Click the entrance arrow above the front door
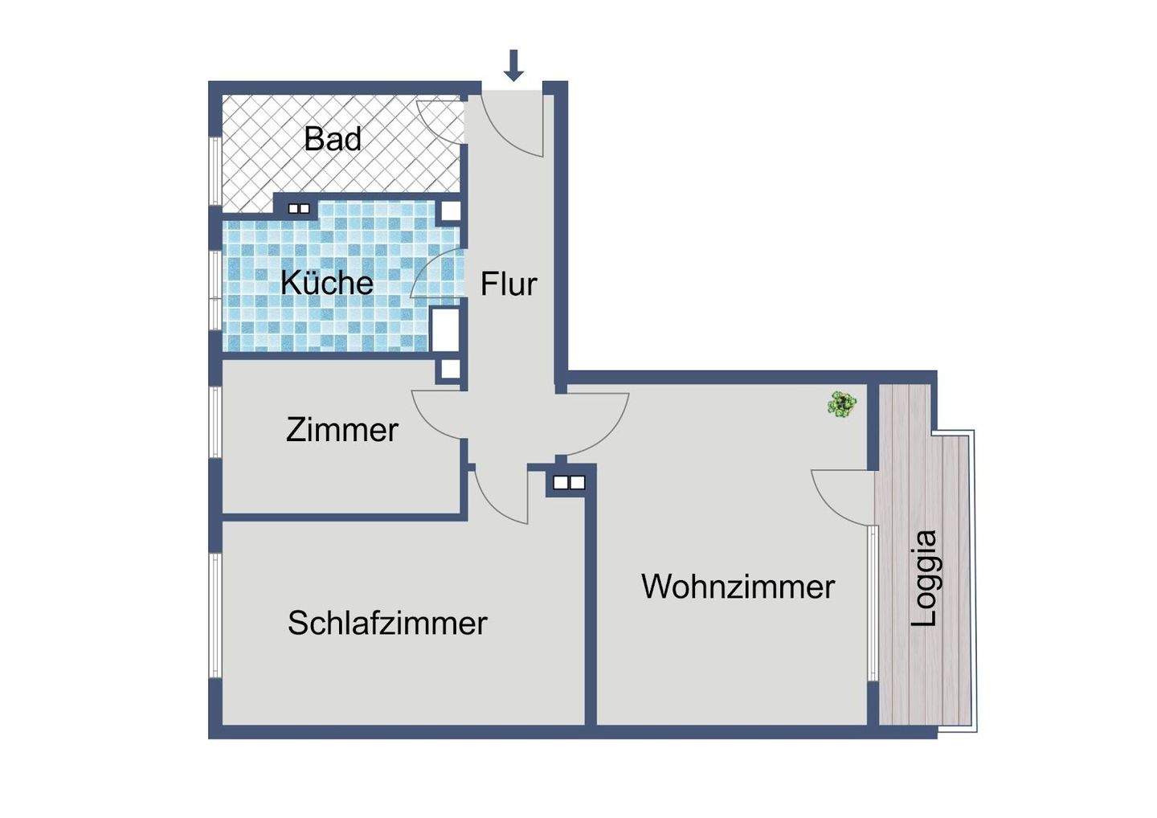click(x=513, y=65)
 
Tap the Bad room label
click(x=333, y=139)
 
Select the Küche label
click(x=327, y=283)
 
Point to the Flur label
click(x=509, y=284)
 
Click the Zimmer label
click(x=342, y=430)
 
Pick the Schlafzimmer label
click(x=387, y=623)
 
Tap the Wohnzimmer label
click(x=738, y=587)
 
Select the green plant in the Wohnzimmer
click(x=841, y=403)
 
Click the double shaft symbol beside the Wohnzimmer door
click(x=569, y=483)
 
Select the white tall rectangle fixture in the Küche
click(x=444, y=328)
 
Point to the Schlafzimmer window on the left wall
click(x=215, y=615)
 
